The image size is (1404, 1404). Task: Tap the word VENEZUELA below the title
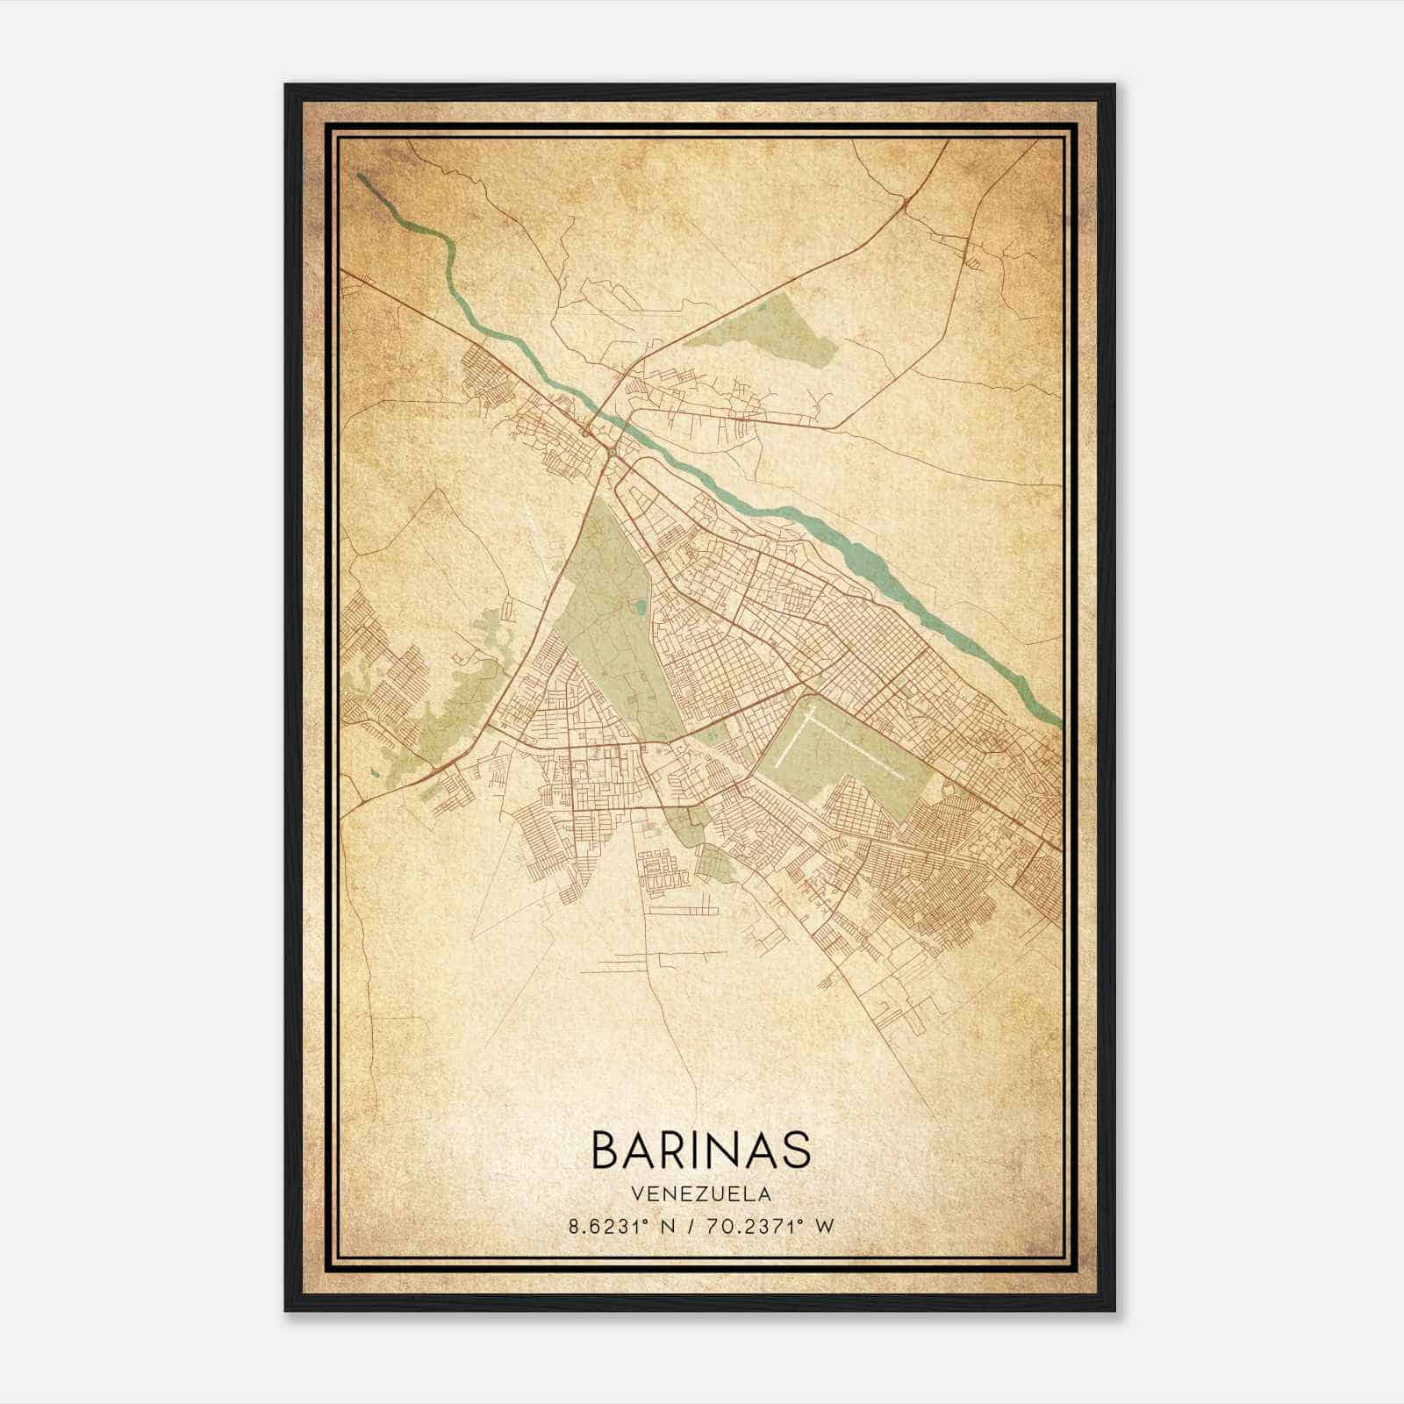coord(699,1194)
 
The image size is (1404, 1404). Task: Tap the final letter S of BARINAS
coord(795,1149)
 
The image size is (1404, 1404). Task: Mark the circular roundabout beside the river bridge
coord(609,453)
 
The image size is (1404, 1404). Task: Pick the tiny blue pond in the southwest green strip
coord(375,773)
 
